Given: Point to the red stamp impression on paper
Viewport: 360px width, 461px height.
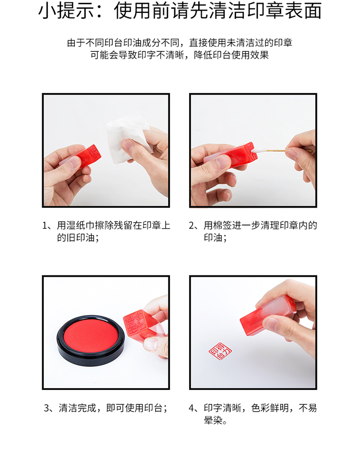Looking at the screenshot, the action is point(220,351).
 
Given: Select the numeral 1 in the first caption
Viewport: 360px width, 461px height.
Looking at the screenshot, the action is point(45,226).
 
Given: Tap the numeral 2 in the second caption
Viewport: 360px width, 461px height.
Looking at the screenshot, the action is point(192,226).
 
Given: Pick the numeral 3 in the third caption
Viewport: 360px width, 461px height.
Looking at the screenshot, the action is point(47,408).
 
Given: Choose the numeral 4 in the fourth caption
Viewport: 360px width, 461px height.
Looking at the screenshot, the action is point(192,408).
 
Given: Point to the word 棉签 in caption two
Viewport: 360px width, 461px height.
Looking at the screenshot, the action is point(222,225).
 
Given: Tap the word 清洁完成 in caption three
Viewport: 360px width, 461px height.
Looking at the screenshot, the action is point(77,408).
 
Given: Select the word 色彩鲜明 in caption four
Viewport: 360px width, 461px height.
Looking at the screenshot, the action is point(270,408).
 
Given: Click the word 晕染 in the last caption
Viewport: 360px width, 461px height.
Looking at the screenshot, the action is point(213,420).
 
